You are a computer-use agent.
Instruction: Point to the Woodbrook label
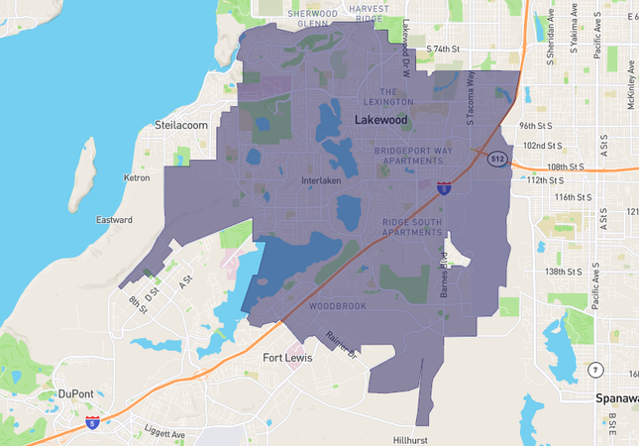click(x=338, y=306)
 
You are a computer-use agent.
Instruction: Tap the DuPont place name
click(x=75, y=393)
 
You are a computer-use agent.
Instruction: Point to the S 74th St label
click(x=444, y=49)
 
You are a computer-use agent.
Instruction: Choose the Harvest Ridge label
click(x=369, y=13)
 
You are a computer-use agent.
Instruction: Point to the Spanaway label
click(x=616, y=398)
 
